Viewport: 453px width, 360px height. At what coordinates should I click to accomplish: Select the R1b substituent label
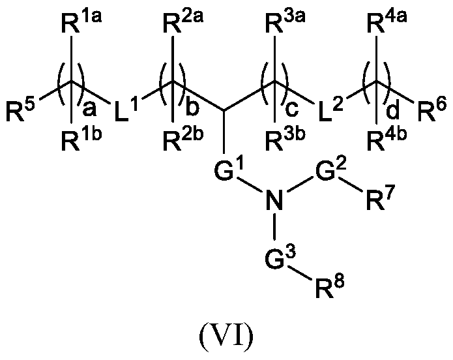[x=74, y=138]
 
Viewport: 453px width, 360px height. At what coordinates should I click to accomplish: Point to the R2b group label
[x=177, y=138]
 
